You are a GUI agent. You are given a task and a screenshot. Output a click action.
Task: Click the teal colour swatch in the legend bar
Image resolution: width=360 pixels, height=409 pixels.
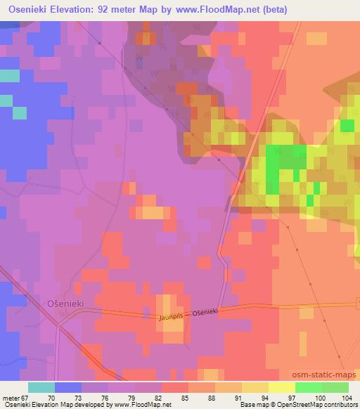pos(41,387)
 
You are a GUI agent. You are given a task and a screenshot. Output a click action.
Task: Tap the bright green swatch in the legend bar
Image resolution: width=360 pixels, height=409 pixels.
pos(309,387)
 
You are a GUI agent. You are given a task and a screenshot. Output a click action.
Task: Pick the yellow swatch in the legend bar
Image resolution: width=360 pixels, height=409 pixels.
pos(282,387)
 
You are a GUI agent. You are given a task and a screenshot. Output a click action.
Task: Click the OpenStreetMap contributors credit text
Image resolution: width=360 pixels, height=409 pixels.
pos(319,405)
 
